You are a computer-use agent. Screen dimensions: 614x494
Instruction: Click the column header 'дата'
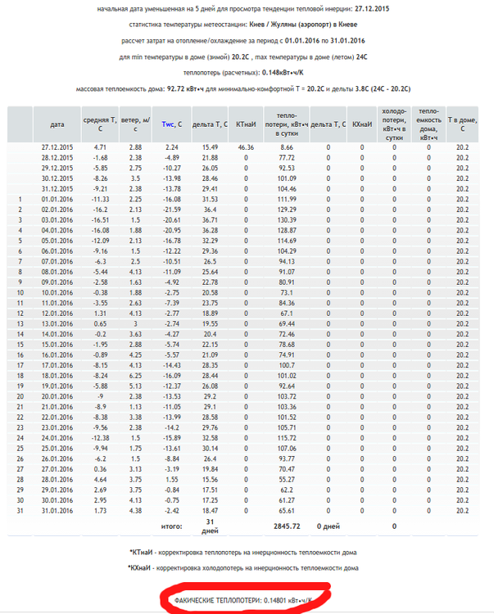click(x=57, y=124)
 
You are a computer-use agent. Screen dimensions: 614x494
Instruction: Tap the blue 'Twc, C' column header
click(x=170, y=124)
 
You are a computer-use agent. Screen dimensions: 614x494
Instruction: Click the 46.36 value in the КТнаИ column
click(x=245, y=147)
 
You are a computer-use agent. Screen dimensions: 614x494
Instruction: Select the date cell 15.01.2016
click(x=57, y=344)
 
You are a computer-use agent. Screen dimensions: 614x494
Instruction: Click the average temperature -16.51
click(x=99, y=219)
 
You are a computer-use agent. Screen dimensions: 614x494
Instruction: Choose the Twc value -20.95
click(x=170, y=230)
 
